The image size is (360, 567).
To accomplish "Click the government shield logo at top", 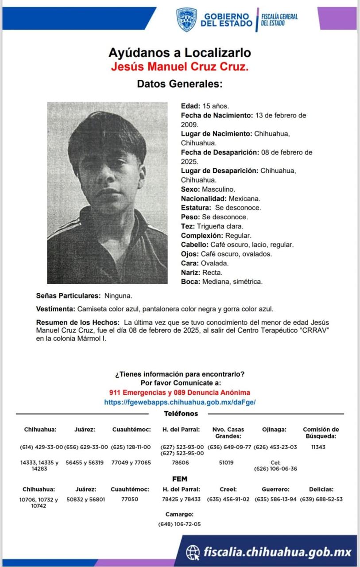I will [186, 19].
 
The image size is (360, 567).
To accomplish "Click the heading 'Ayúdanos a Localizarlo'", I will [180, 53].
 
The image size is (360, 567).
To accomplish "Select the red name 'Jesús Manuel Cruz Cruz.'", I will [180, 67].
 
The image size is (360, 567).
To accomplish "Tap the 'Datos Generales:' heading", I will [179, 84].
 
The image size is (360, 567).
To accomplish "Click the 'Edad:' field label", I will [191, 106].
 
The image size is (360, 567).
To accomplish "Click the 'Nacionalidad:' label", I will [204, 199].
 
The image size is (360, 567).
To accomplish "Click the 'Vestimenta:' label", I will [55, 309].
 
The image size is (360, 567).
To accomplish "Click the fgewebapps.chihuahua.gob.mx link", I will [180, 402].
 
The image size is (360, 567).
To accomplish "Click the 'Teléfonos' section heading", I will [181, 414].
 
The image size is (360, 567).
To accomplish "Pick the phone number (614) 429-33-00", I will [42, 447].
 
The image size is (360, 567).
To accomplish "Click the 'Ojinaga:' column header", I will [274, 429].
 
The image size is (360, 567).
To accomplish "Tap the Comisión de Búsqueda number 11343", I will [318, 447].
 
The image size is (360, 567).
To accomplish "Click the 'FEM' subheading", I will [180, 479].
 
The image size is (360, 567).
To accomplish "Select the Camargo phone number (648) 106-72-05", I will [179, 524].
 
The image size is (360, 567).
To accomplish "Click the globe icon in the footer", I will [193, 552].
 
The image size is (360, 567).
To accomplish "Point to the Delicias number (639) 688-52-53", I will [321, 499].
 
